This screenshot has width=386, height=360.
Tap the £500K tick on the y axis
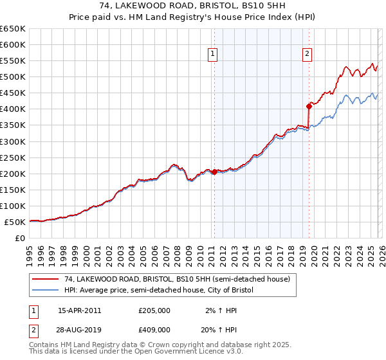[13, 77]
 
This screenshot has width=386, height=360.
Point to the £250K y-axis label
[13, 157]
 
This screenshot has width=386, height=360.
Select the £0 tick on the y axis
[21, 239]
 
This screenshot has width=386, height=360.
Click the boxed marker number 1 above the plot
[213, 54]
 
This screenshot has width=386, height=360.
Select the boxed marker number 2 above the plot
[308, 54]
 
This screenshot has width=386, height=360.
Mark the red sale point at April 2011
[214, 172]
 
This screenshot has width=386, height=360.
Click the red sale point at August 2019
[309, 106]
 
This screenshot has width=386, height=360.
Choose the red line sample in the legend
[45, 279]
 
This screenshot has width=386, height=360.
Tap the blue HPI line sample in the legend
[45, 290]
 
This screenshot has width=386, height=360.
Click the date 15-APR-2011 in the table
[79, 310]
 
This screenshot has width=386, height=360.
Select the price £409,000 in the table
[154, 328]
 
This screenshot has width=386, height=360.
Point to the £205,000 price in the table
[154, 310]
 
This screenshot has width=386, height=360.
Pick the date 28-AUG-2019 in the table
[80, 328]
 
